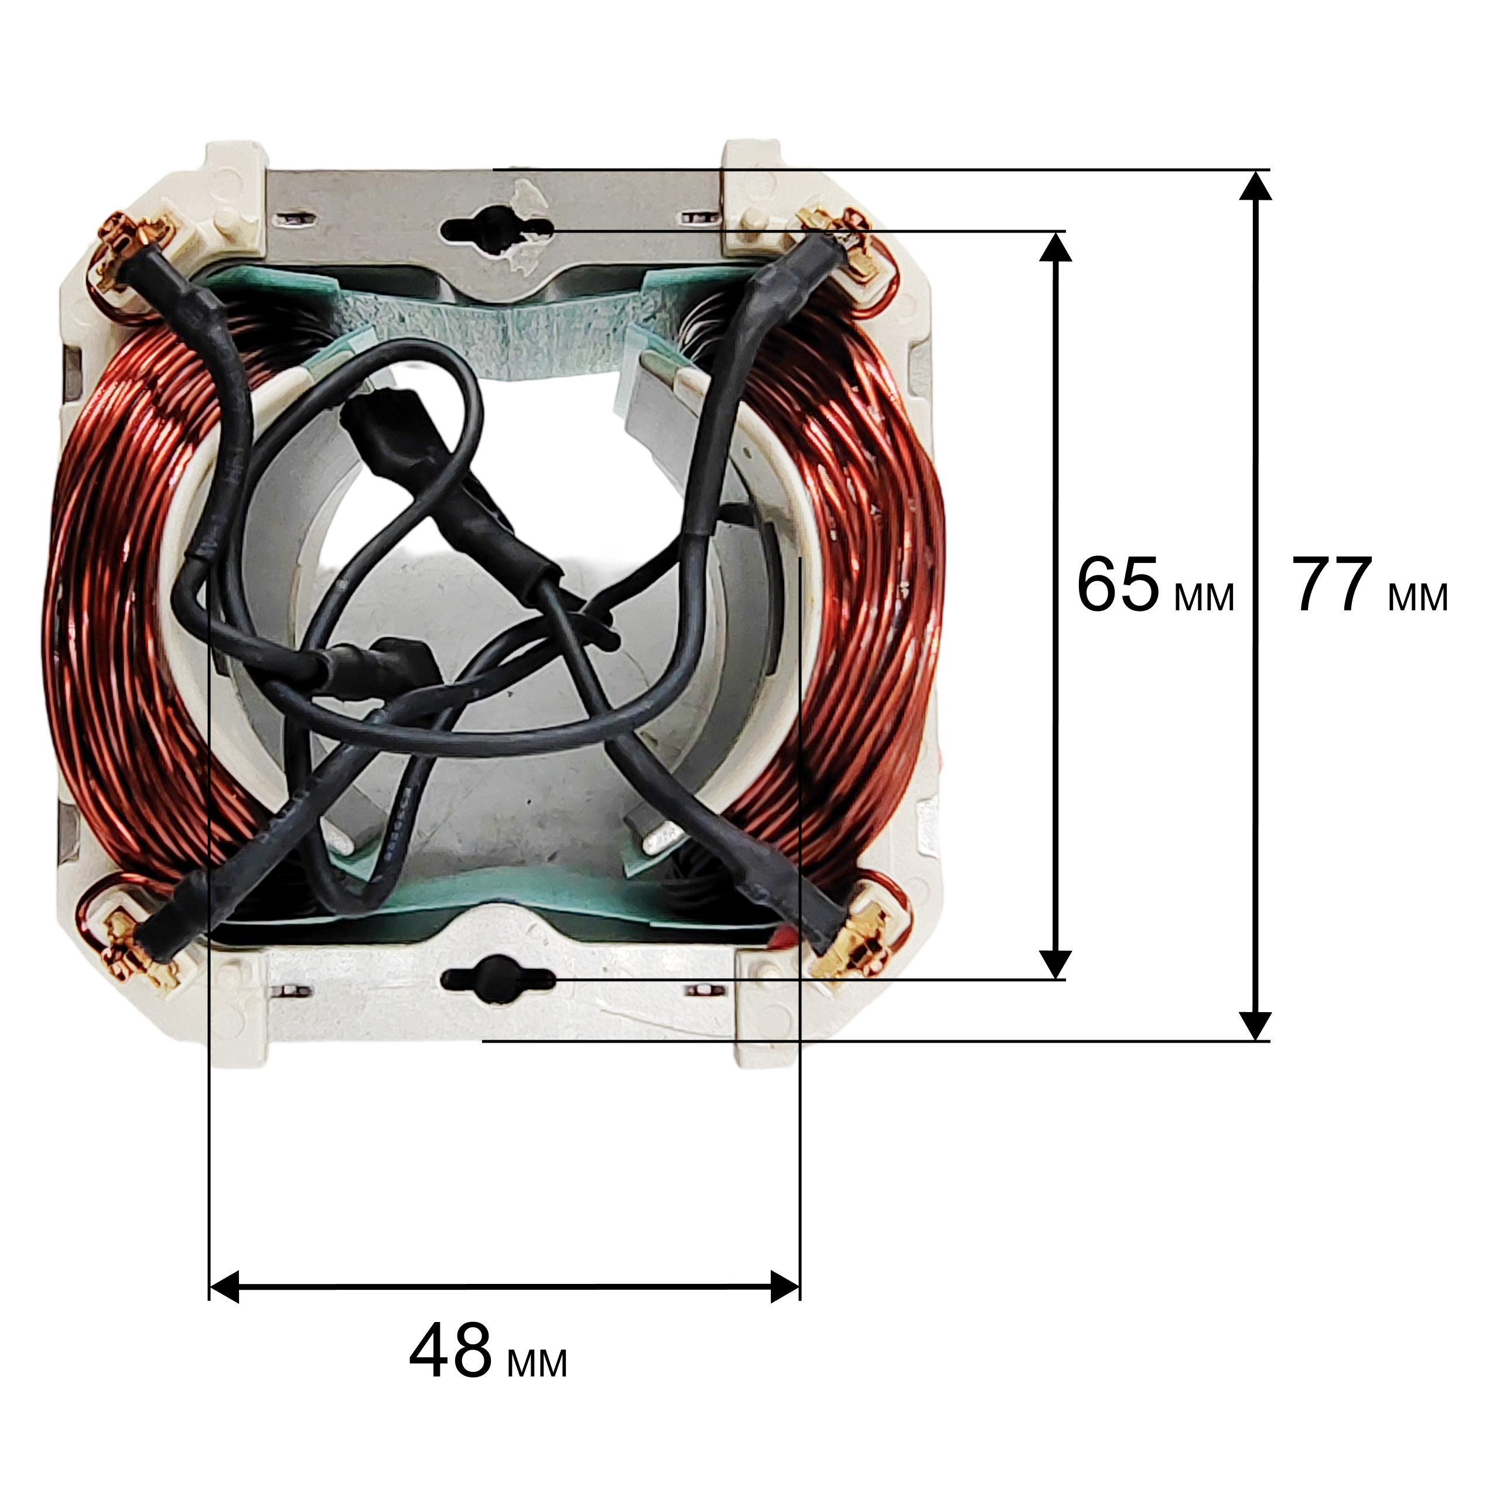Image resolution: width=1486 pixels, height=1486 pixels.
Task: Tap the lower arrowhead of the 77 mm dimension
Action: [x=1255, y=1025]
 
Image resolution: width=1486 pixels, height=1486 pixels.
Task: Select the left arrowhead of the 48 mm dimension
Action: [x=224, y=1287]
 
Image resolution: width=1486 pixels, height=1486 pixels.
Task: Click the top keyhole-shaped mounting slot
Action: [x=497, y=228]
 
